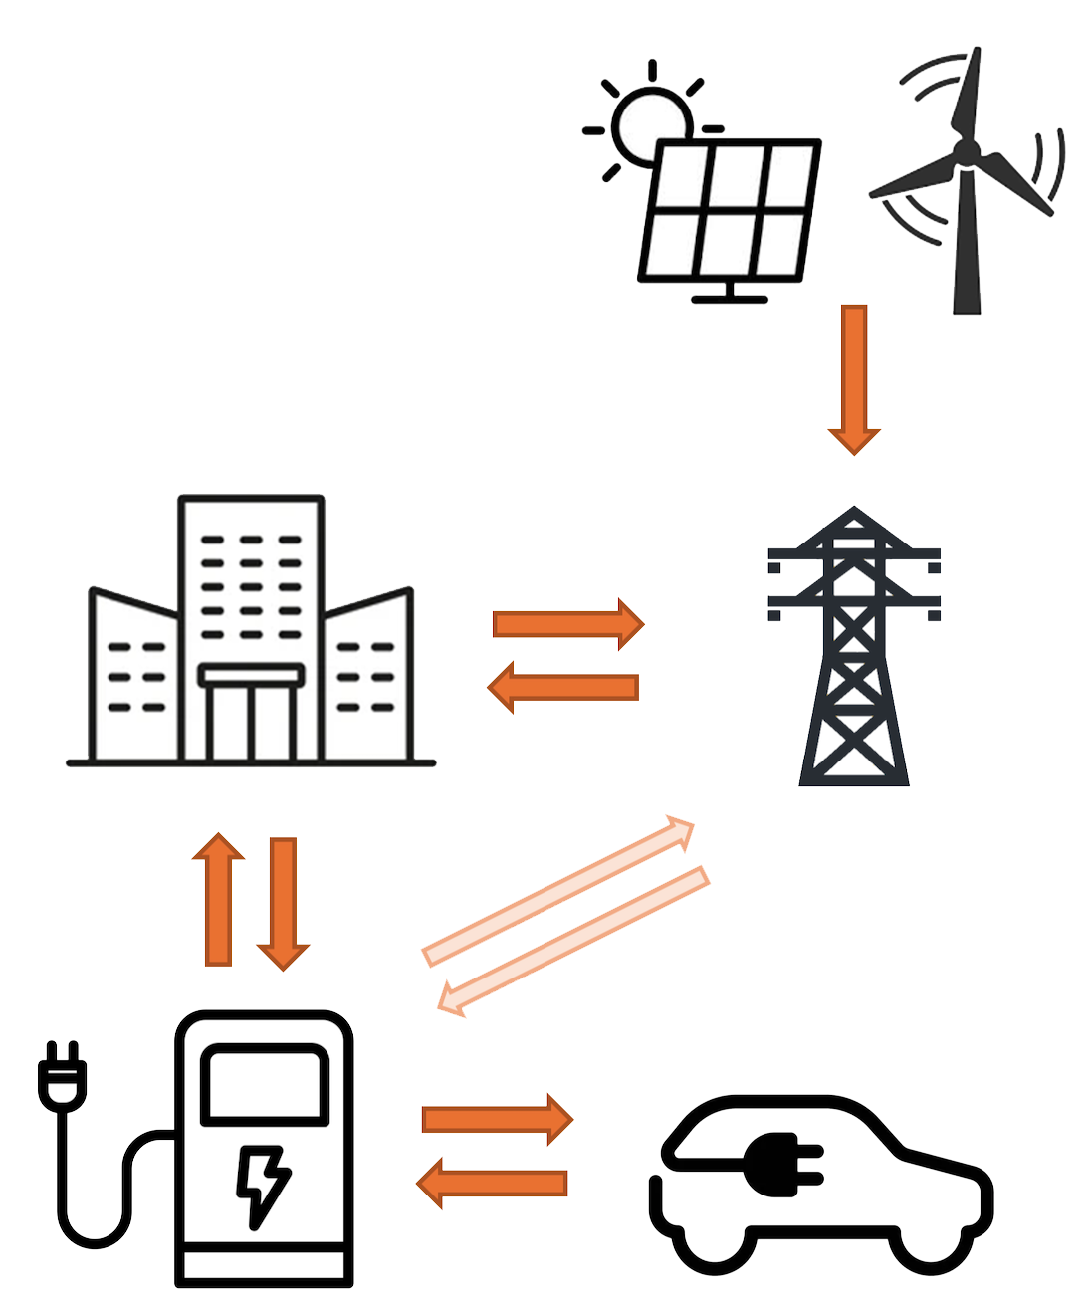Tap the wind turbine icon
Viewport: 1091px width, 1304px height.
[x=966, y=179]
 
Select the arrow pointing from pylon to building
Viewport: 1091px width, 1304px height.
[x=562, y=687]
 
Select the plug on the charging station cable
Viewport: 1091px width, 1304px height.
[x=62, y=1075]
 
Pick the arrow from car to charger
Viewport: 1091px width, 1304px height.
[x=492, y=1183]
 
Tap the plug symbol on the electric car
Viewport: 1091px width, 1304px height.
[x=782, y=1165]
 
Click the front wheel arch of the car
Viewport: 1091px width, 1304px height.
[x=931, y=1244]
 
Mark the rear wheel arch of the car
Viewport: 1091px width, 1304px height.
[x=715, y=1244]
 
